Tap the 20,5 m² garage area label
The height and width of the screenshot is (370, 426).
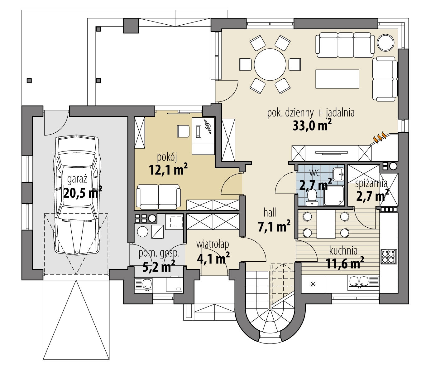[83, 193]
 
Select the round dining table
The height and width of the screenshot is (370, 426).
[270, 65]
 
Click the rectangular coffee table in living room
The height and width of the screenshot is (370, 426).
[337, 79]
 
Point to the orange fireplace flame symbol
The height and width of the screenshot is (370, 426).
[379, 138]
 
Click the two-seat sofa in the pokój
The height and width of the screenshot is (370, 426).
[158, 196]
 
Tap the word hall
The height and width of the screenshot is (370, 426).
[270, 213]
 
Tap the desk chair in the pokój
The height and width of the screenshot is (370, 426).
[183, 131]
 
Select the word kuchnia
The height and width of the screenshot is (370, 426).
[343, 250]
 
